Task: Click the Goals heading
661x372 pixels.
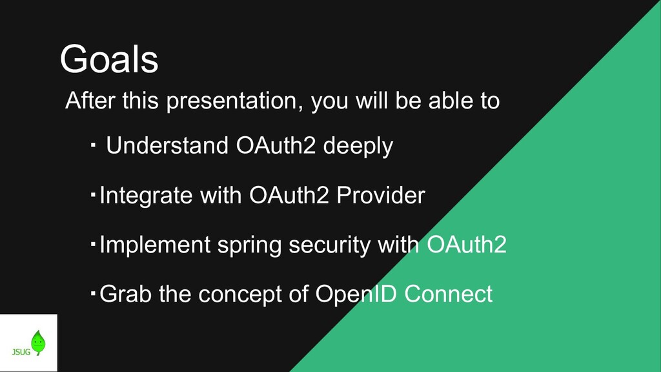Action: [109, 59]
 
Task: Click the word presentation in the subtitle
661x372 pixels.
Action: [234, 101]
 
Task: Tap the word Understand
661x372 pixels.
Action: [167, 145]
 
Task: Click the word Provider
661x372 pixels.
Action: [381, 195]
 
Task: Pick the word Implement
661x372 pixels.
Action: [155, 245]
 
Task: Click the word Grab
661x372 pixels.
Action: [126, 294]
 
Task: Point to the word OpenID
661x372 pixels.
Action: [356, 294]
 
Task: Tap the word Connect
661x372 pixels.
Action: [449, 294]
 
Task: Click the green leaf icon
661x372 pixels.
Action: [38, 342]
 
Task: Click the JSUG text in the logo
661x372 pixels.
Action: [21, 352]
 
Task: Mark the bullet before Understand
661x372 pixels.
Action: [93, 145]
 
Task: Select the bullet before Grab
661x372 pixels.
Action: [93, 293]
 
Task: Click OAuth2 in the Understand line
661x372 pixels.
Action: [276, 145]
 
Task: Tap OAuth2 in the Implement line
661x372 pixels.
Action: [467, 245]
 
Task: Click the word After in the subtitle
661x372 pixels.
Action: [90, 101]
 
